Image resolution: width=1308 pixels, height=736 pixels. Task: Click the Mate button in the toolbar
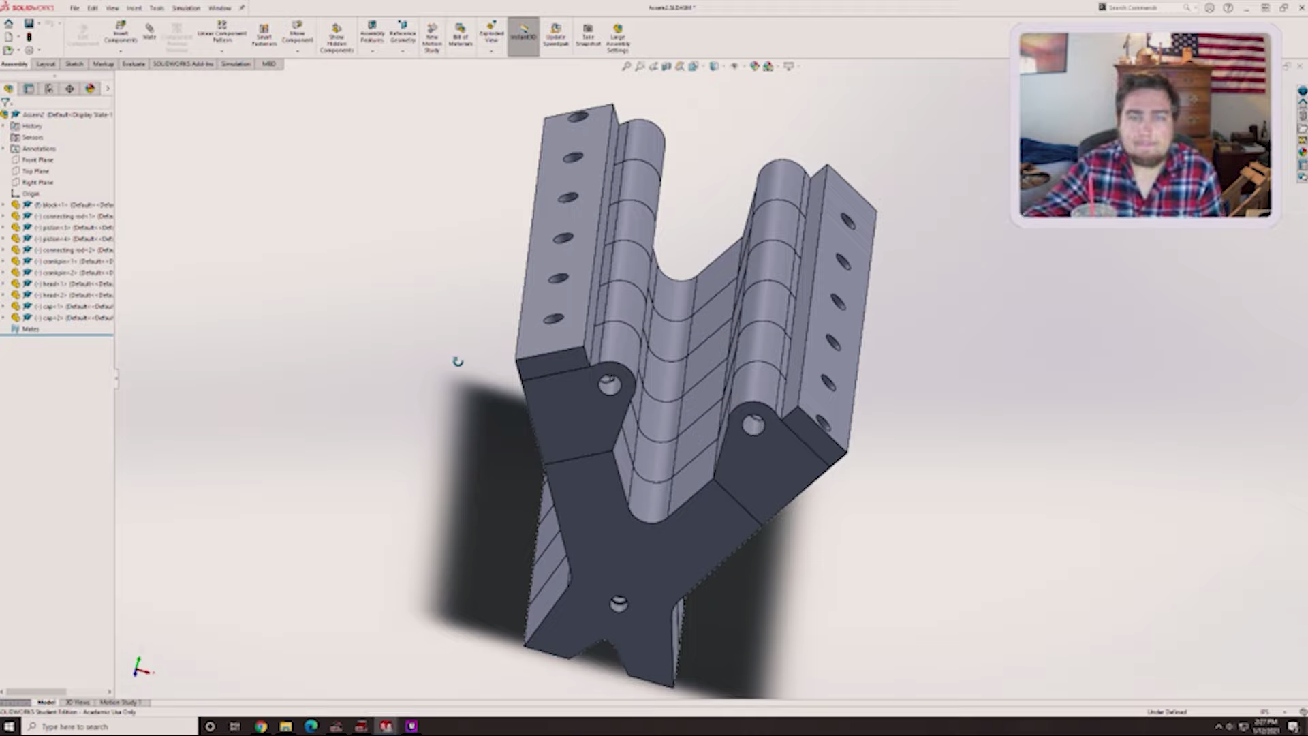click(149, 31)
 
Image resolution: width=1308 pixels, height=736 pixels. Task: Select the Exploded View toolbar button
click(491, 34)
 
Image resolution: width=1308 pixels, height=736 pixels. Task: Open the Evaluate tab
click(134, 64)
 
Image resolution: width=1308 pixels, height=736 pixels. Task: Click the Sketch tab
click(74, 64)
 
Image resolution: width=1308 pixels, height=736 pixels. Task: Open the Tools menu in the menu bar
click(157, 8)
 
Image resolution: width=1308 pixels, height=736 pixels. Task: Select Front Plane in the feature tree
click(37, 160)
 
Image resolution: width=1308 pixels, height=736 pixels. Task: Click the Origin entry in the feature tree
click(31, 194)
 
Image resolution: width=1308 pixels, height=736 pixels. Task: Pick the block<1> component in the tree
click(68, 205)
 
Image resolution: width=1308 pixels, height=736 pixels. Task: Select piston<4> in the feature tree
click(68, 239)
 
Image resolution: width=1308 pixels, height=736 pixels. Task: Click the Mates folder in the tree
click(30, 329)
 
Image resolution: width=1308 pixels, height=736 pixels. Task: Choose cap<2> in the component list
click(68, 318)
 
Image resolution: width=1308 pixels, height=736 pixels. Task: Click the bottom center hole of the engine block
click(619, 604)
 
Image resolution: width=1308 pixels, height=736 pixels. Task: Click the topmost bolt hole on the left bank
click(578, 117)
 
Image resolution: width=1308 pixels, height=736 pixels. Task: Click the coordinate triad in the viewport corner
click(141, 669)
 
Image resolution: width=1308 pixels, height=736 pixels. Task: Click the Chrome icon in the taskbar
click(261, 726)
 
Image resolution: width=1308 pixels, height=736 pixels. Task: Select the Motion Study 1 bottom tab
click(121, 703)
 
